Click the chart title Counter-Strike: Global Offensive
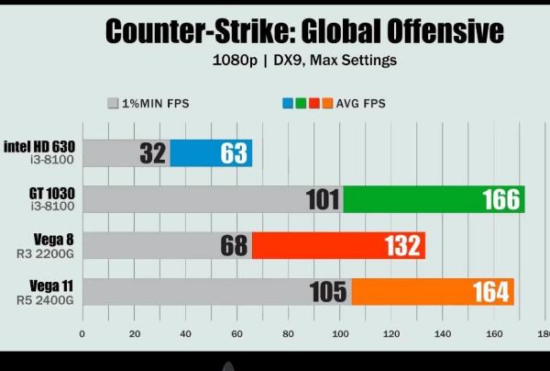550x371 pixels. click(x=303, y=31)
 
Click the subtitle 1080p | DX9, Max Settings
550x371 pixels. click(x=303, y=61)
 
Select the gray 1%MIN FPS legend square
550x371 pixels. click(x=114, y=104)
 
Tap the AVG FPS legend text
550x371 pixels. click(x=361, y=104)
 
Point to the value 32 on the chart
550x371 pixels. click(x=152, y=153)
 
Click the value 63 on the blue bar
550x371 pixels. click(x=233, y=153)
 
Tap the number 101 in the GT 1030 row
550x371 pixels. click(x=322, y=198)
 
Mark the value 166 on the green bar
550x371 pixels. click(x=500, y=198)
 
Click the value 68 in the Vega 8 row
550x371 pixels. click(x=234, y=245)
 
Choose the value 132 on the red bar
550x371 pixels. click(x=401, y=245)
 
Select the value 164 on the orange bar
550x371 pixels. click(x=490, y=291)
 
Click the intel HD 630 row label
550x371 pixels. click(x=39, y=146)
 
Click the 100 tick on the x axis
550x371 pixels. click(x=341, y=333)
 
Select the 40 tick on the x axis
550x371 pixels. click(x=186, y=333)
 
